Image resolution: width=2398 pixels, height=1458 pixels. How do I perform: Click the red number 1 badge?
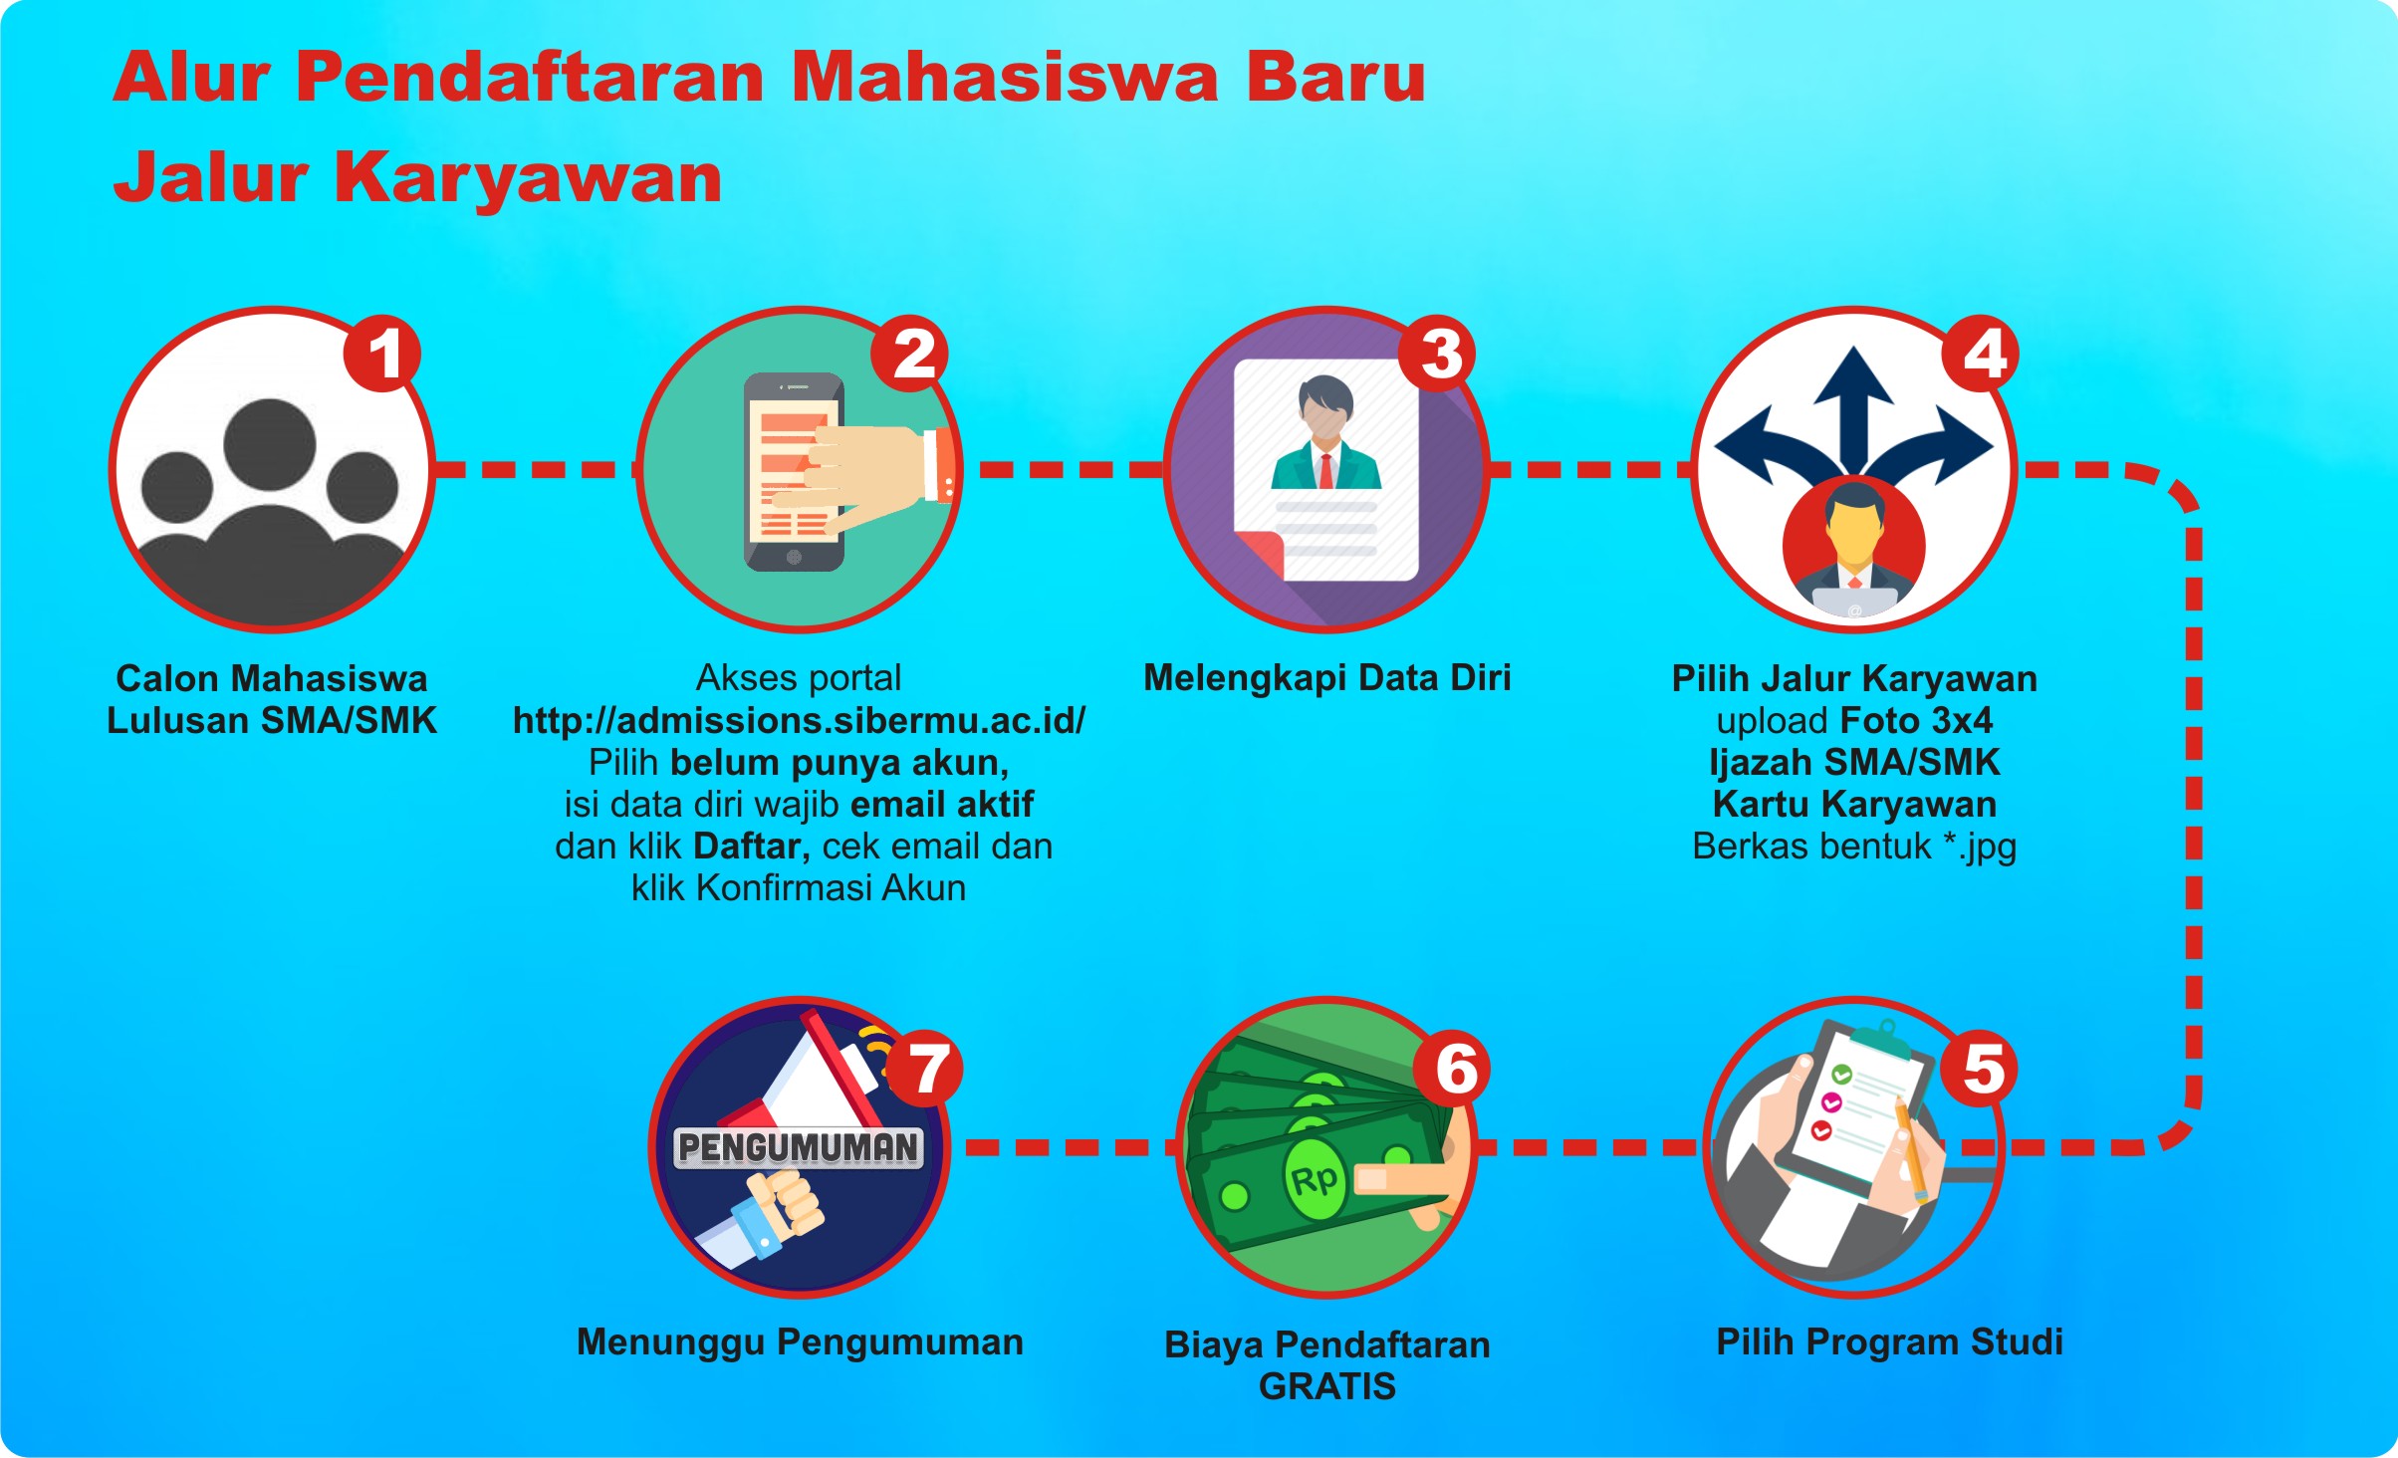point(382,354)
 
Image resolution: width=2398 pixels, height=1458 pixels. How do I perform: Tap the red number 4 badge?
point(1982,354)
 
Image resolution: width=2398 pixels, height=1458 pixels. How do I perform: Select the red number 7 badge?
point(926,1068)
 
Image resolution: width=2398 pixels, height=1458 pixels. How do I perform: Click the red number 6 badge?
point(1453,1068)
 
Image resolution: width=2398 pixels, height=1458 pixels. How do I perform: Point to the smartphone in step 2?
point(794,471)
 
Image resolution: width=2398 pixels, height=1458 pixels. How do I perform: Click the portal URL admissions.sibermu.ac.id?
point(799,720)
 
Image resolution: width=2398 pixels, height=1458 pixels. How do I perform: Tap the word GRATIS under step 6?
point(1327,1386)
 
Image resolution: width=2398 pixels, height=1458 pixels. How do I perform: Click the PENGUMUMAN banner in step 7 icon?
point(799,1147)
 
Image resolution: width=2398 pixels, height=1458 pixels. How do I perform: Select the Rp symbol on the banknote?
point(1315,1180)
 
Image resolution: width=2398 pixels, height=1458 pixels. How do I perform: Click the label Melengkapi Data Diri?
point(1327,677)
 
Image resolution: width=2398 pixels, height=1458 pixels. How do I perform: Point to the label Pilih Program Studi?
point(1889,1341)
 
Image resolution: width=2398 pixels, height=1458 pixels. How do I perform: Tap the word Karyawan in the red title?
point(528,178)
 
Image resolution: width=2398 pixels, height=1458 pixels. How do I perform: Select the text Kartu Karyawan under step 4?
point(1854,804)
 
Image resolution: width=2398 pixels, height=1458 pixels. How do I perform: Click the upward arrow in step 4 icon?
point(1853,408)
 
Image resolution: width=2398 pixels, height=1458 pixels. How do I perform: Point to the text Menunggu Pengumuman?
point(800,1341)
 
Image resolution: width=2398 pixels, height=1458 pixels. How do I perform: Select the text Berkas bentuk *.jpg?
point(1854,846)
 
